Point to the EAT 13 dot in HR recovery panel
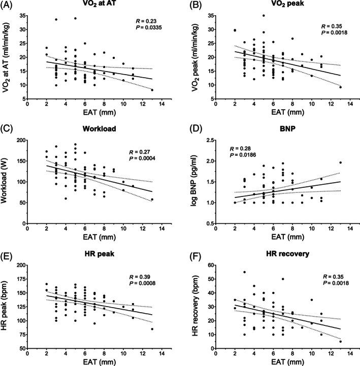pyautogui.click(x=340, y=341)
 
